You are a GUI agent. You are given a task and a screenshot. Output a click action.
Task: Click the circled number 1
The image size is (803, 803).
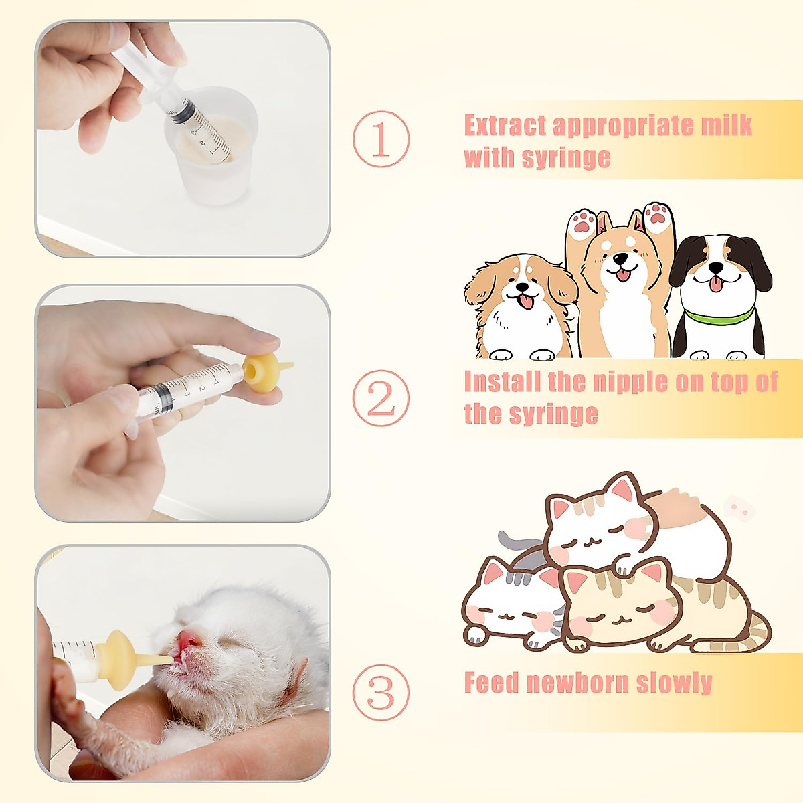coord(381,139)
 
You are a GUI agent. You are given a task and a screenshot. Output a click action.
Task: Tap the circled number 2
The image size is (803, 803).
coord(381,397)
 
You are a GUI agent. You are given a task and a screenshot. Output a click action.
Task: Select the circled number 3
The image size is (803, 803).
coord(381,692)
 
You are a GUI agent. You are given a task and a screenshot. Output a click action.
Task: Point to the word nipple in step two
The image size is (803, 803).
coord(607,382)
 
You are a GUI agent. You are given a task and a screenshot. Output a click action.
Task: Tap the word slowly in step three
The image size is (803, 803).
coord(674,683)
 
